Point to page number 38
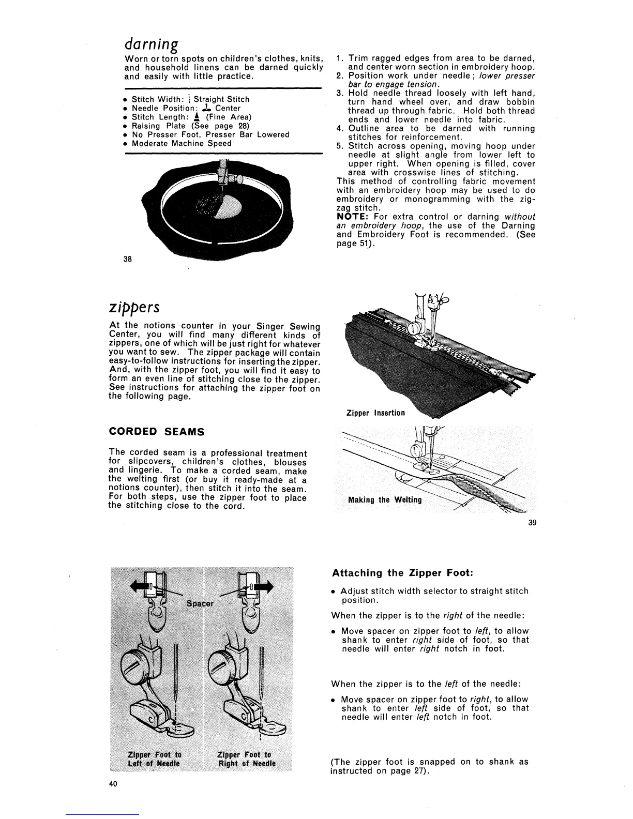[x=127, y=259]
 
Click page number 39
[x=532, y=522]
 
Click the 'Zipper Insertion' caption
[x=375, y=413]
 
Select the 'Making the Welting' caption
[x=385, y=499]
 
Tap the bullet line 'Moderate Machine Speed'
[x=181, y=144]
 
